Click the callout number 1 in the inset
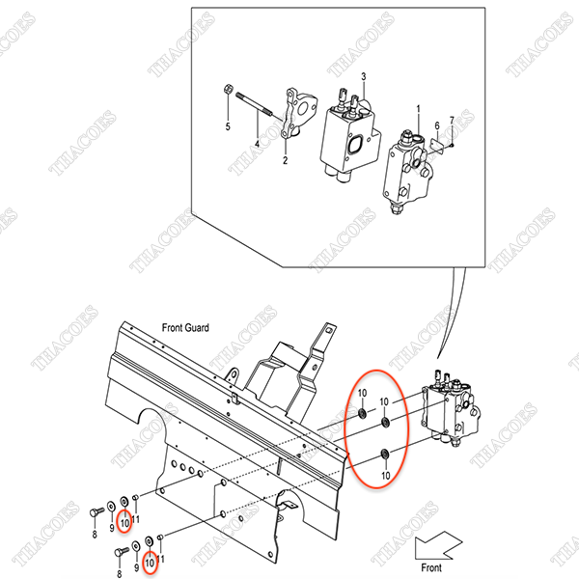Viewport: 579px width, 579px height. point(418,109)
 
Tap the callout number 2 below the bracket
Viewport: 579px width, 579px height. point(285,160)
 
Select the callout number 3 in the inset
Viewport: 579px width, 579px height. point(364,76)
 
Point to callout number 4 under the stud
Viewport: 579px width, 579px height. point(257,144)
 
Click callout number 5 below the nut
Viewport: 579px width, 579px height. point(228,126)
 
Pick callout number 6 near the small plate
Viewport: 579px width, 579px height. point(437,125)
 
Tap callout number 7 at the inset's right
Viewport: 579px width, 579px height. point(452,121)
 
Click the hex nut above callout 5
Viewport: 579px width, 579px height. point(228,89)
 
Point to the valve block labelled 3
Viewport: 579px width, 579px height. point(350,136)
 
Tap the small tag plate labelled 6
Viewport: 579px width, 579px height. point(438,144)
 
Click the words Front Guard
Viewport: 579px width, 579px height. point(185,327)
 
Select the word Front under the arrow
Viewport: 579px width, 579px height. point(431,567)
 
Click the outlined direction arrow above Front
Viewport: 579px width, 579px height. point(438,545)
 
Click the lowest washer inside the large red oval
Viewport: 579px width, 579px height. point(385,454)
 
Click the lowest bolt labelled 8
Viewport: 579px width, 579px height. point(122,552)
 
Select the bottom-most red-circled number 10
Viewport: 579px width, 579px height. point(150,564)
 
